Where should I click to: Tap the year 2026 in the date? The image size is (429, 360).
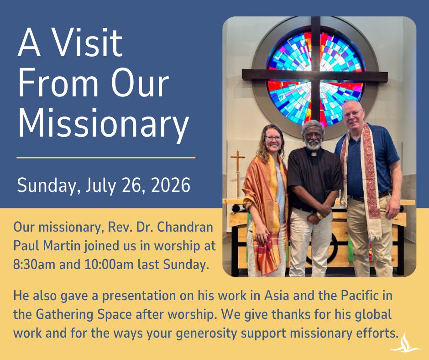[x=171, y=185]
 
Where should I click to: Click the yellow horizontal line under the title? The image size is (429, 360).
[x=106, y=158]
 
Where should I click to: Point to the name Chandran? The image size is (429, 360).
[x=185, y=227]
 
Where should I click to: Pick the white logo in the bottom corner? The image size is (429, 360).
[x=406, y=343]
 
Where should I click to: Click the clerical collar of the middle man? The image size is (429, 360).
[x=314, y=154]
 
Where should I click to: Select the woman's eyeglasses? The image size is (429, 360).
[x=273, y=138]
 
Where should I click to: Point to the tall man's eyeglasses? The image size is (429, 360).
[x=353, y=113]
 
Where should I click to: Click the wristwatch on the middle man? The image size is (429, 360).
[x=319, y=216]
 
